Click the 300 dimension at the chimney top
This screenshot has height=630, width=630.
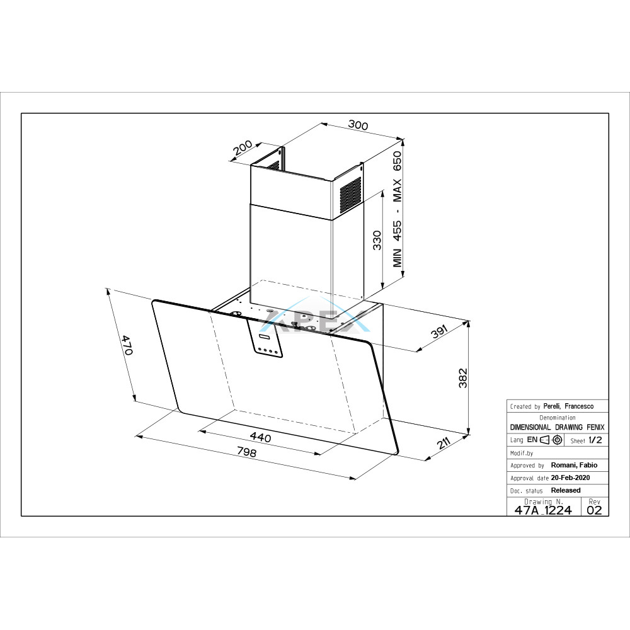pyautogui.click(x=358, y=125)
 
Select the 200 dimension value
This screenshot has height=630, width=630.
pyautogui.click(x=243, y=147)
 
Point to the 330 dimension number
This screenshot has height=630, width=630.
pyautogui.click(x=377, y=240)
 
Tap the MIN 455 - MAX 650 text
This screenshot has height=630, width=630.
pyautogui.click(x=397, y=209)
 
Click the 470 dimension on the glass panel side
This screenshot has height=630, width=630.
pyautogui.click(x=127, y=345)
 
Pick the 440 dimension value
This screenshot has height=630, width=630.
pyautogui.click(x=260, y=437)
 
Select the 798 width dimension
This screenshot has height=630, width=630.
pyautogui.click(x=246, y=452)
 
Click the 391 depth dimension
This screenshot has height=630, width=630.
pyautogui.click(x=438, y=332)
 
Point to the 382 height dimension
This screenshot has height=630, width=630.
pyautogui.click(x=463, y=377)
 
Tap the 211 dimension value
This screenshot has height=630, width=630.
pyautogui.click(x=443, y=444)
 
